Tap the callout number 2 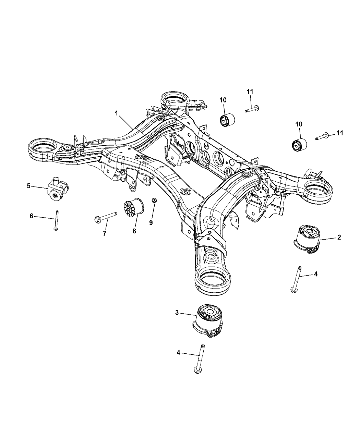click(339, 237)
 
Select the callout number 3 click(177, 312)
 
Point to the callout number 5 click(28, 186)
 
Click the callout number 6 click(31, 216)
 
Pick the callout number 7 click(105, 233)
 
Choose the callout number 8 click(134, 231)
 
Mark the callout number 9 click(151, 222)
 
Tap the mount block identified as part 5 click(57, 189)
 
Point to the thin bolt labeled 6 click(56, 220)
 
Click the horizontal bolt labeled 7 click(105, 217)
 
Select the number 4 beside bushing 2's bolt click(316, 274)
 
